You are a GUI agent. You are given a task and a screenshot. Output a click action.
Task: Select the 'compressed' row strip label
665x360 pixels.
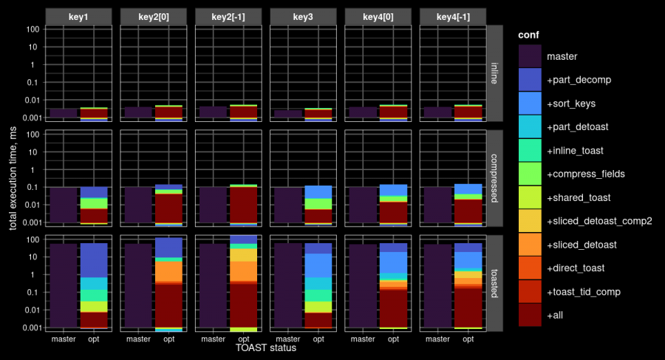(x=495, y=178)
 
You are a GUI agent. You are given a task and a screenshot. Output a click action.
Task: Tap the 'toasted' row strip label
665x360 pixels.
(x=495, y=283)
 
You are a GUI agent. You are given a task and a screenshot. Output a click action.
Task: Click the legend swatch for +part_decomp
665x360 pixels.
(x=530, y=79)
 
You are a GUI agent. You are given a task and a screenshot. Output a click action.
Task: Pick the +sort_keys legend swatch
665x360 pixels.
(x=530, y=103)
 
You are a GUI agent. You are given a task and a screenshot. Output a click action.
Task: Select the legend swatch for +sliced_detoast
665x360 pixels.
(x=530, y=245)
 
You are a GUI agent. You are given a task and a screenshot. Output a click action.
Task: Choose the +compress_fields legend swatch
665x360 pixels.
(x=530, y=174)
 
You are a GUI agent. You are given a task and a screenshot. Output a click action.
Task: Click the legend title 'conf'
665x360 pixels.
(x=529, y=35)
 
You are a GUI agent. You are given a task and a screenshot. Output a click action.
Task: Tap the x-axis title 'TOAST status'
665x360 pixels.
(x=265, y=347)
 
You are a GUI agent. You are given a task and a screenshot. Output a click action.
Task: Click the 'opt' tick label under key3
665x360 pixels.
(x=318, y=339)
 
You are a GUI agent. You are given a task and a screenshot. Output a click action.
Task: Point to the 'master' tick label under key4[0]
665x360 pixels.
(x=363, y=339)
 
